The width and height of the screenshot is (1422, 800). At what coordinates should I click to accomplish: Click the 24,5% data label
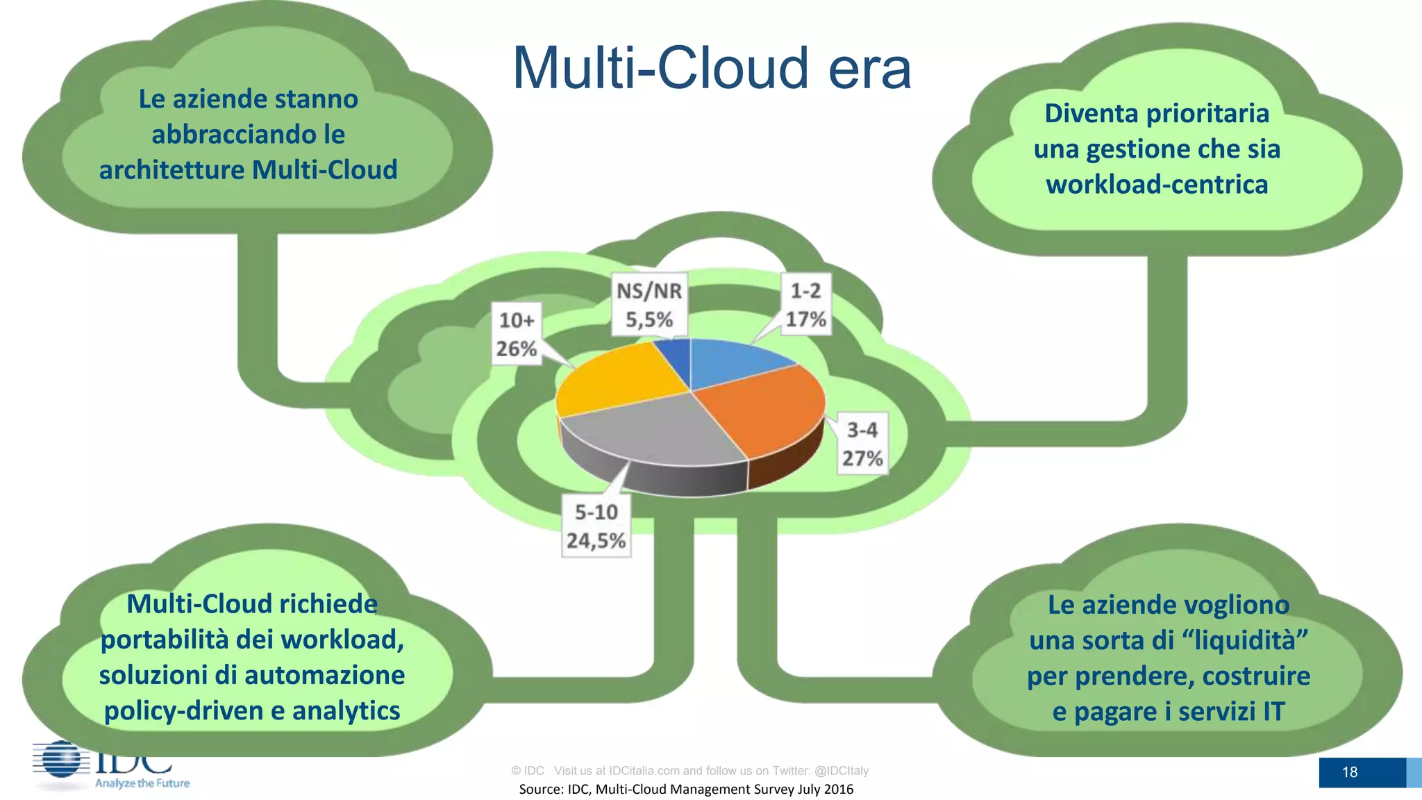tap(596, 540)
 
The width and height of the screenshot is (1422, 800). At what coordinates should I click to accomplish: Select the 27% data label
tap(862, 458)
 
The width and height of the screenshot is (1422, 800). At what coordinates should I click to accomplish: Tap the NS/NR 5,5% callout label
tap(649, 305)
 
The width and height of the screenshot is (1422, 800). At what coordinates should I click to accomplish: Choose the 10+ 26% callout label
tap(517, 334)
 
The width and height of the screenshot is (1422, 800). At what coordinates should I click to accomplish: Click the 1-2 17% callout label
tap(805, 305)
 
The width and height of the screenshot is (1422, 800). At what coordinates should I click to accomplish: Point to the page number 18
tap(1349, 772)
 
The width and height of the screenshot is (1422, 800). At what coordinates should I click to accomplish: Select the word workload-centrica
tap(1157, 185)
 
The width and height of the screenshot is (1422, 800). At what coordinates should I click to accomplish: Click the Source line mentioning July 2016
tap(686, 789)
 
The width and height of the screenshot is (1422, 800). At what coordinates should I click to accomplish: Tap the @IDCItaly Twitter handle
tap(841, 770)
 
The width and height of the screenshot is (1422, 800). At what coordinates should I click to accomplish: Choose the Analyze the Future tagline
tap(142, 783)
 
